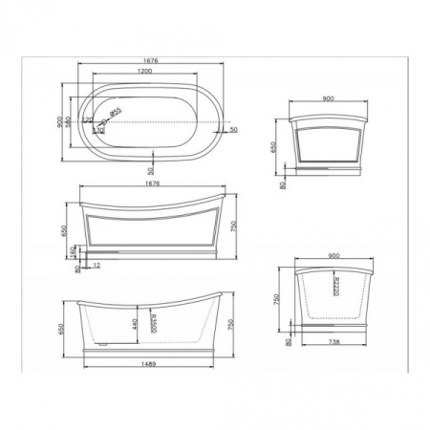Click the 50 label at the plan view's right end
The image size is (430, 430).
click(233, 128)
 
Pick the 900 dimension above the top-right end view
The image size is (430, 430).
click(328, 98)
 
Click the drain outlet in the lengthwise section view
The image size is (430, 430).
click(101, 337)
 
